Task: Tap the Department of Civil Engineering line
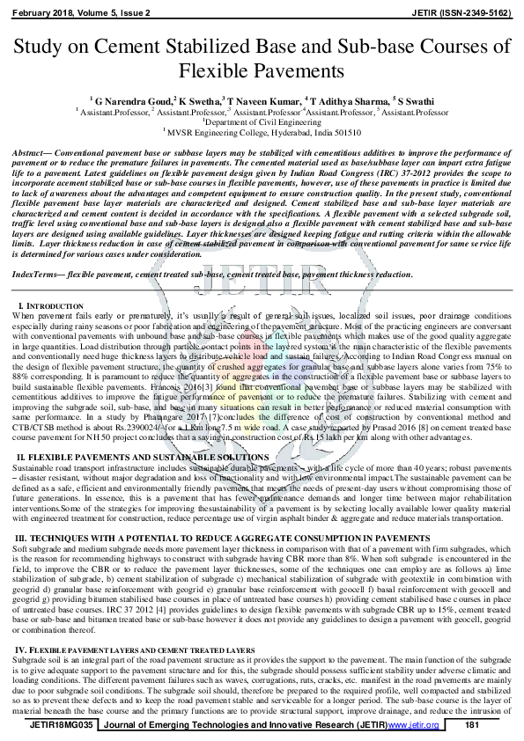pos(262,123)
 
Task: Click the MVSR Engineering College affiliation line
pos(262,134)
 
